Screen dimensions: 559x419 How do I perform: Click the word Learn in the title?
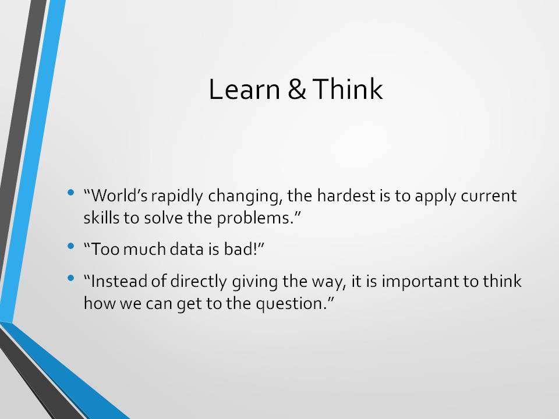tap(244, 88)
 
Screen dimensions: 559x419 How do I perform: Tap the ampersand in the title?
tap(296, 89)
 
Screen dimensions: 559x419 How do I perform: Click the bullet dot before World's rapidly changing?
tap(70, 193)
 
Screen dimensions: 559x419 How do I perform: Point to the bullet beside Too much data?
tap(70, 246)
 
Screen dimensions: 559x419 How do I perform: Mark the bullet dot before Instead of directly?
tap(70, 278)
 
